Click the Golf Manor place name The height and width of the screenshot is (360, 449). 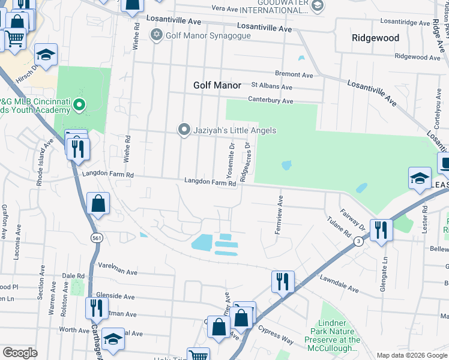[x=217, y=85]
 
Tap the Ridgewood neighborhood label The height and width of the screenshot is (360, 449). [x=375, y=37]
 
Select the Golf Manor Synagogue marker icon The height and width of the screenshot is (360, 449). [x=157, y=35]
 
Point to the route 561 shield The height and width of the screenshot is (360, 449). [x=97, y=238]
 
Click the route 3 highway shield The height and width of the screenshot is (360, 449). [x=358, y=241]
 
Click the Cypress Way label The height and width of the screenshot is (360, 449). [x=276, y=334]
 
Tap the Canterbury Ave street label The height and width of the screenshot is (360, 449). [x=271, y=101]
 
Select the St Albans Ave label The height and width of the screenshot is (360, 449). [x=272, y=86]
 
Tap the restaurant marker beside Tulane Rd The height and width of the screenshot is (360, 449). [x=381, y=230]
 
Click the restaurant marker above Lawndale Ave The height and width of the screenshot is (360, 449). [x=283, y=281]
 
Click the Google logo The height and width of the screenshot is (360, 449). [x=20, y=353]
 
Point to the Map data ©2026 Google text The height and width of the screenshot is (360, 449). [x=411, y=355]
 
